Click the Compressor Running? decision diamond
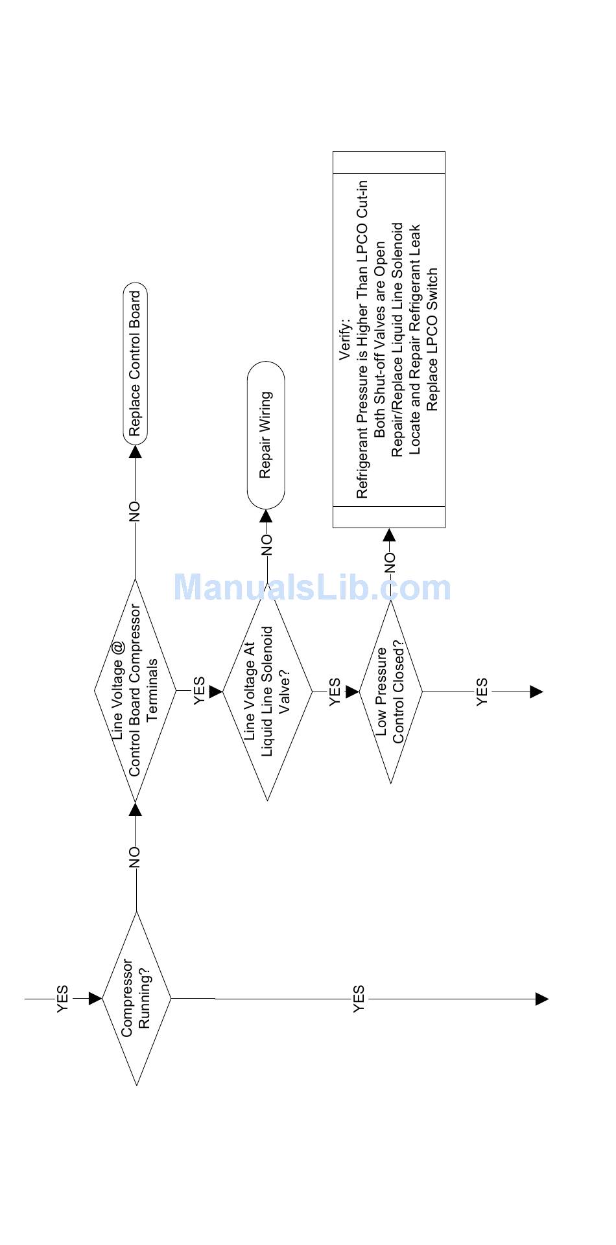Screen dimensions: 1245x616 (137, 999)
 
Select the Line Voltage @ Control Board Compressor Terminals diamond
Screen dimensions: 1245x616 (135, 691)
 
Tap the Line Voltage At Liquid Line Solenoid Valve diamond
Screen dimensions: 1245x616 (267, 692)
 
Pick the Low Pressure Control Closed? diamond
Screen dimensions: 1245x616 (390, 692)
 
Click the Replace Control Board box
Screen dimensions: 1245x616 (135, 364)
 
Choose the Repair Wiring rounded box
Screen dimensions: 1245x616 (266, 435)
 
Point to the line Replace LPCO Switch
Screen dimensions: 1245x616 (433, 339)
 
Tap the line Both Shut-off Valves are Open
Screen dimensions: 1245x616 (381, 339)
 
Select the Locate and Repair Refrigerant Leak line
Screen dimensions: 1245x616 (416, 339)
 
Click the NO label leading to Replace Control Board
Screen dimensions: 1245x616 (134, 511)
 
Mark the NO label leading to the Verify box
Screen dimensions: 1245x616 (389, 563)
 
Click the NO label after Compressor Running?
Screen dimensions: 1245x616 (134, 857)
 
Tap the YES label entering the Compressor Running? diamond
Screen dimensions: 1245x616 (62, 999)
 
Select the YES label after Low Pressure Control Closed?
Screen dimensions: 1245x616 (482, 692)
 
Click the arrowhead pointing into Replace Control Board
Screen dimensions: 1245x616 (135, 451)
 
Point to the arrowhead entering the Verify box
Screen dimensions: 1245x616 (389, 535)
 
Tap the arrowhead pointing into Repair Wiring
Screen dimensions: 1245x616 (267, 516)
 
